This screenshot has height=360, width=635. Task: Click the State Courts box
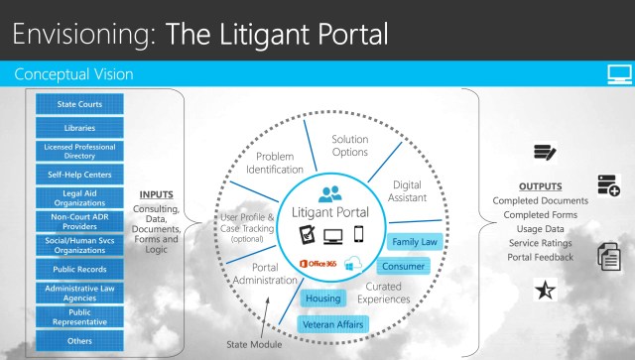coord(79,103)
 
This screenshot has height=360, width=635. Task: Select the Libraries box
coord(79,127)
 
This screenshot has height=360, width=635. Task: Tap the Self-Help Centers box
coord(79,174)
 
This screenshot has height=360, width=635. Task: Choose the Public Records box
coord(79,268)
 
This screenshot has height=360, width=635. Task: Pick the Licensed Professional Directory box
coord(79,150)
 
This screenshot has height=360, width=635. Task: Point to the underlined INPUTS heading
coord(157,194)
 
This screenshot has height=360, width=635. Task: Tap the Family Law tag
coord(414,242)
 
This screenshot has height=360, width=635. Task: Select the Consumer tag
coord(403,266)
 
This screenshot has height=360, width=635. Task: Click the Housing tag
coord(322,298)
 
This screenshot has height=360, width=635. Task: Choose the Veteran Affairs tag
coord(333,323)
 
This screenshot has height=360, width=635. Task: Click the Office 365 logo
coord(317,262)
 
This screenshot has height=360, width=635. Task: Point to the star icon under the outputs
coord(544,290)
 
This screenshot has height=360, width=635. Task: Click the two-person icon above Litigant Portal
coord(327,194)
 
